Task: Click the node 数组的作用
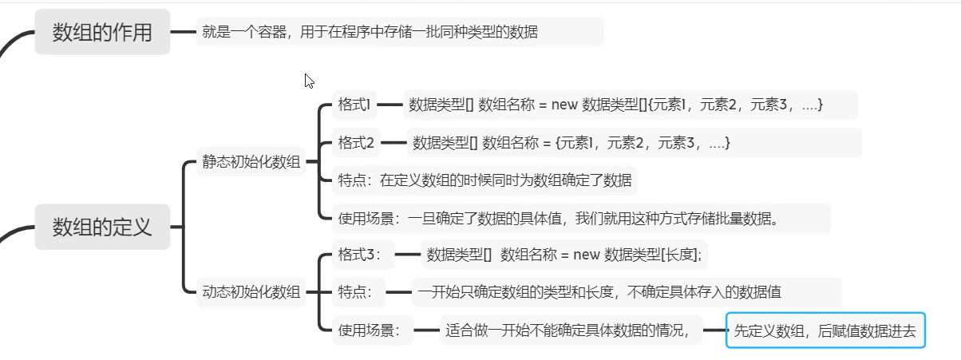click(102, 33)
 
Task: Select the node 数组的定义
click(102, 227)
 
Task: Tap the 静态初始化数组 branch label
click(251, 162)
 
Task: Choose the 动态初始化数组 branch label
click(251, 291)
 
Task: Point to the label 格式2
click(356, 143)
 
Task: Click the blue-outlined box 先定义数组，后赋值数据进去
click(825, 330)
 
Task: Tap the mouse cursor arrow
click(309, 80)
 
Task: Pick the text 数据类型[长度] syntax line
click(564, 255)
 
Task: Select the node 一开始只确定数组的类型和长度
click(626, 292)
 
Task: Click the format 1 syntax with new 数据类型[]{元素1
click(615, 105)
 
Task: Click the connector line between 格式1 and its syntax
click(390, 105)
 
